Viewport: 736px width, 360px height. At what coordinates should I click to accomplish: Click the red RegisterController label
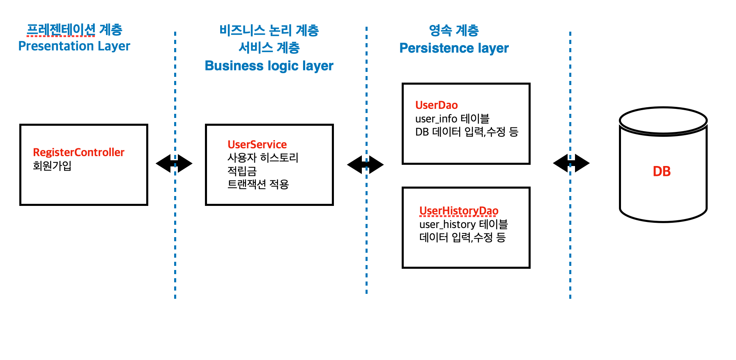(x=78, y=152)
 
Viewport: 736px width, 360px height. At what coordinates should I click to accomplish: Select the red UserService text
(x=257, y=145)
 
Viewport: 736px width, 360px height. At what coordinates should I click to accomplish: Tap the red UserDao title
(x=436, y=105)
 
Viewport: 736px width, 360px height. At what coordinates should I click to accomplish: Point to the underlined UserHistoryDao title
(x=458, y=211)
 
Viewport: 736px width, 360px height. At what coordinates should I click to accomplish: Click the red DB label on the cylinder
(x=662, y=171)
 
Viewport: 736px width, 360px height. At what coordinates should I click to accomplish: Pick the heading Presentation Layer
(x=74, y=46)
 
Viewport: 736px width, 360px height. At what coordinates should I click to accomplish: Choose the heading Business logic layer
(x=269, y=66)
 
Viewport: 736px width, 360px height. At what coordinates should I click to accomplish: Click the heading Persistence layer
(x=454, y=48)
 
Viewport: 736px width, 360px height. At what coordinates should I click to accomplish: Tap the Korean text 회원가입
(x=52, y=166)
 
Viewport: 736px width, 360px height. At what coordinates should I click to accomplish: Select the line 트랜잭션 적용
(x=258, y=184)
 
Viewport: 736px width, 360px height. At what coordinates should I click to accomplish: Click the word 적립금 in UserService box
(x=242, y=171)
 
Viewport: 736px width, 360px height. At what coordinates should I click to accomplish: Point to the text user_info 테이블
(x=452, y=119)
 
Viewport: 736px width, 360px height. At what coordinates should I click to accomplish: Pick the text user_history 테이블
(x=463, y=224)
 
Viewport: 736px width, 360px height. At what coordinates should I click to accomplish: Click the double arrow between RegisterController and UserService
(x=174, y=164)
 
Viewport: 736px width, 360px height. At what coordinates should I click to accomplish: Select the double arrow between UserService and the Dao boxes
(x=366, y=165)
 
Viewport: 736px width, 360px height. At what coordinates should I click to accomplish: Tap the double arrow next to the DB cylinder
(x=571, y=163)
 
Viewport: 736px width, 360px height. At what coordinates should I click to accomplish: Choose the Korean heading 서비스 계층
(x=269, y=48)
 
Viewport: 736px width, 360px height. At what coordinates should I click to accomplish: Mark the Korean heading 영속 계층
(x=454, y=30)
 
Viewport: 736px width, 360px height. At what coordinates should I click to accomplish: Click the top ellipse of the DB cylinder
(x=663, y=120)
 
